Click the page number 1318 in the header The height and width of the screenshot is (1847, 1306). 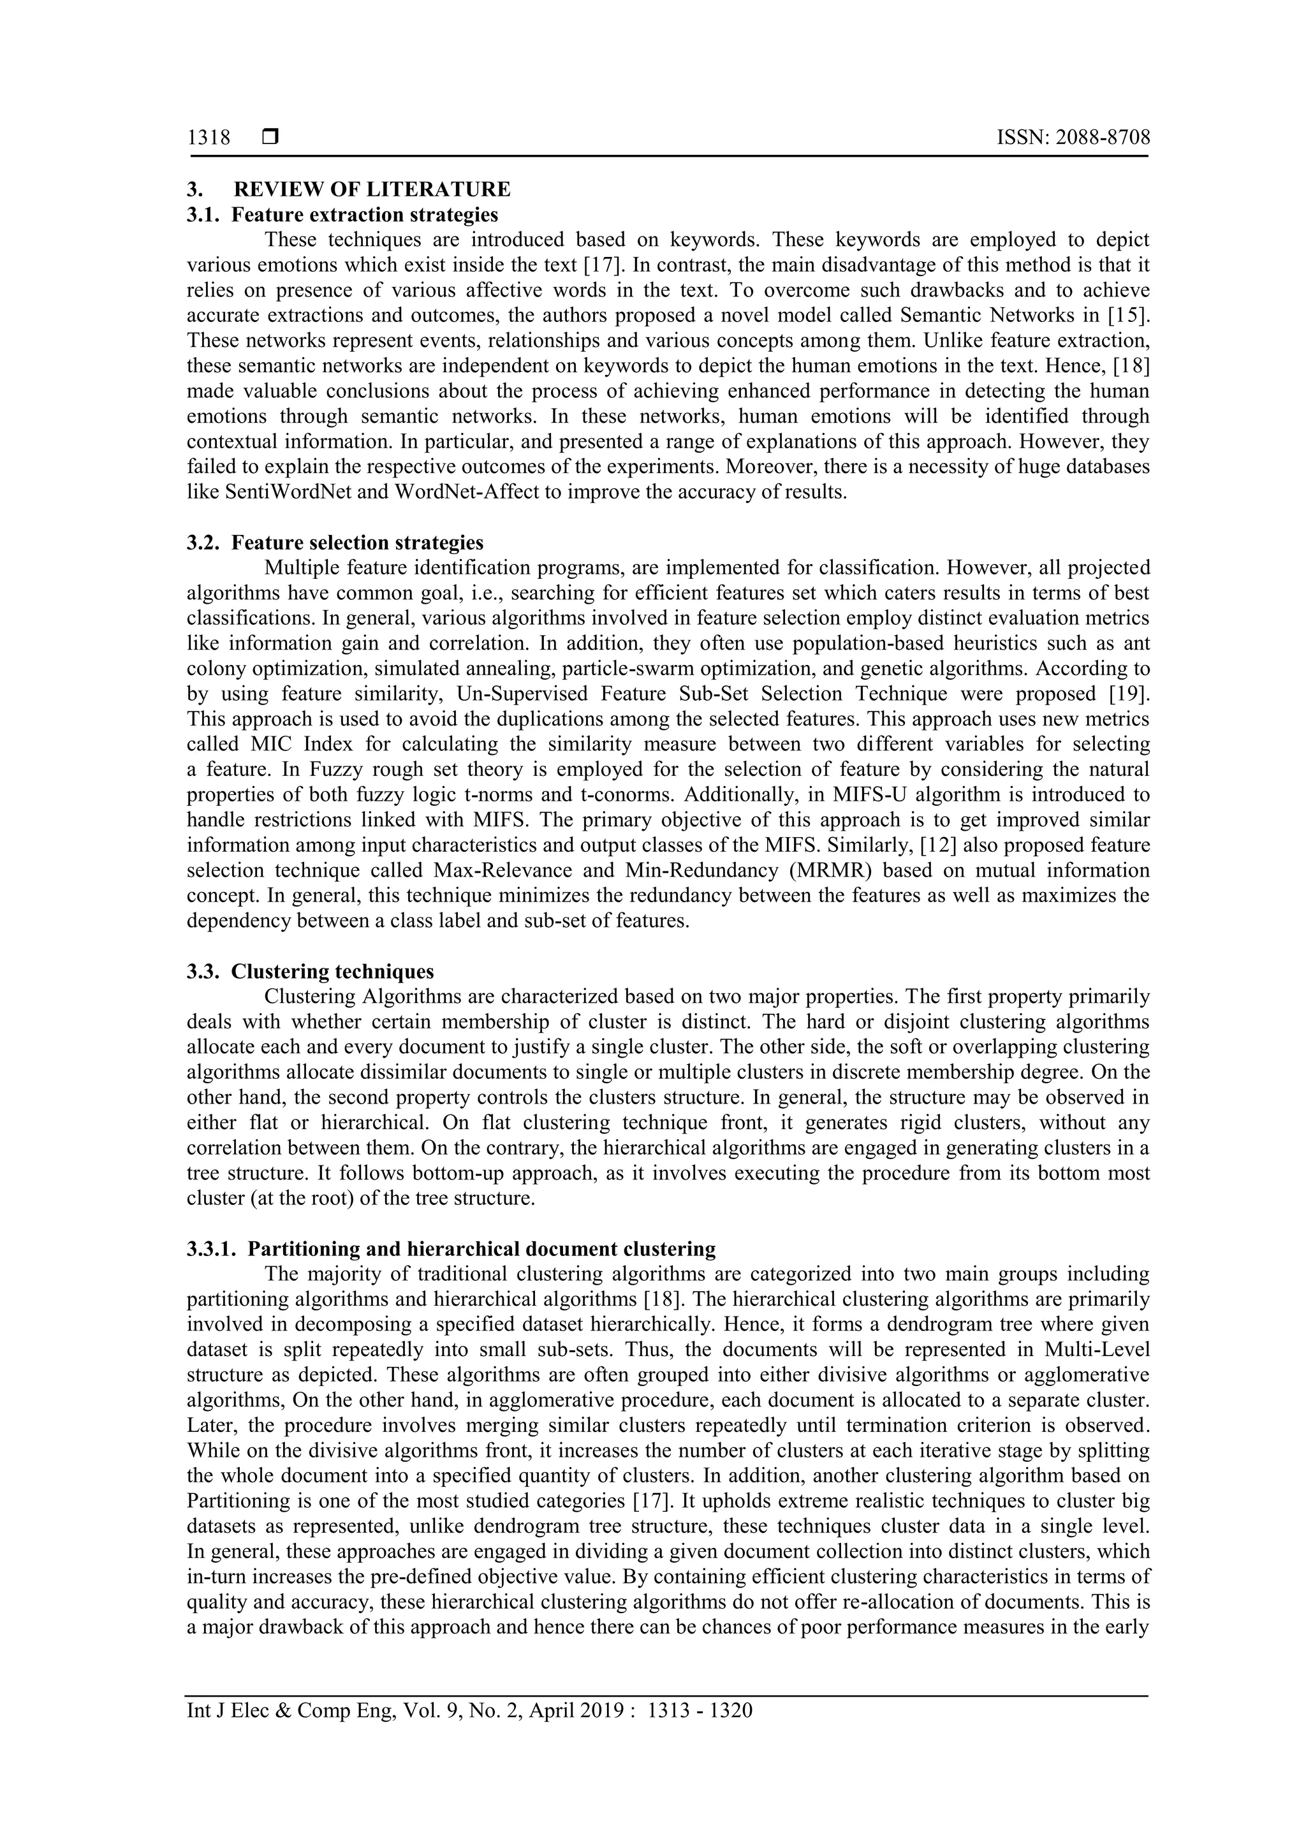click(x=209, y=138)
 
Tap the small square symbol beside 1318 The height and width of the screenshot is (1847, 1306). click(x=270, y=138)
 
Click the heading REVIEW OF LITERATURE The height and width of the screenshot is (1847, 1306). click(x=372, y=190)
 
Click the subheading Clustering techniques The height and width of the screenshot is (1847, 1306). click(x=332, y=971)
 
